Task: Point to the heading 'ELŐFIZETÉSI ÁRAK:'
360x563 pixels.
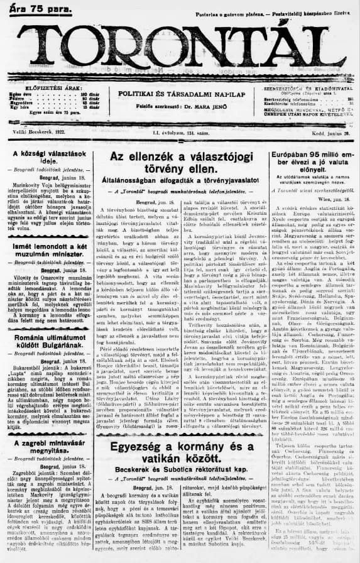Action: (x=49, y=88)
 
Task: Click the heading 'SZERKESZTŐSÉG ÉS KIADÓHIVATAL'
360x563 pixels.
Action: (x=305, y=89)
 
